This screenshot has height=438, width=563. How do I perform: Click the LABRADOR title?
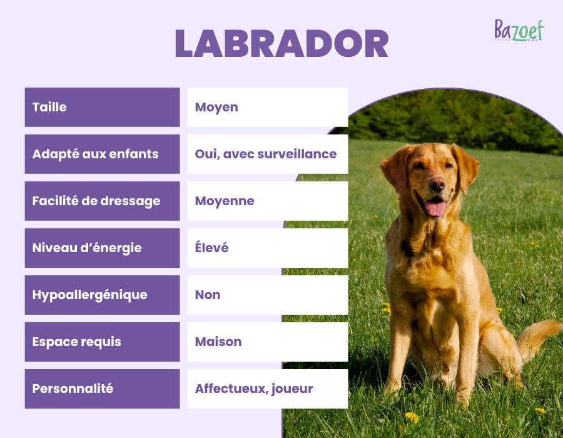pos(281,44)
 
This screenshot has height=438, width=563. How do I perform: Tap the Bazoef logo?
pos(519,30)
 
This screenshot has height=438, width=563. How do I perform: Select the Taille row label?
pos(49,107)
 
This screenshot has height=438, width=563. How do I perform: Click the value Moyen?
pos(216,107)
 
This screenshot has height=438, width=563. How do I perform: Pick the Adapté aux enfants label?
pos(95,154)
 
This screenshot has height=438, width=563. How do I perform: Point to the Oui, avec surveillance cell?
pos(266,154)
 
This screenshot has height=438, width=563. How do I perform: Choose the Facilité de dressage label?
pos(96,201)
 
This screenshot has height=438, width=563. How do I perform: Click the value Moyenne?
pos(225,201)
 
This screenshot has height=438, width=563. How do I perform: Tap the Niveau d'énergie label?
pos(87,248)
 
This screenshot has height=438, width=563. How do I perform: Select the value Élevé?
pos(211,248)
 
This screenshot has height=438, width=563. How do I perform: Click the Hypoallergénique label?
pos(89,295)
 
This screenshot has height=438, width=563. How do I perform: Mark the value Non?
pos(208,295)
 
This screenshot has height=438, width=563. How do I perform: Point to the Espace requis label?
pos(76,342)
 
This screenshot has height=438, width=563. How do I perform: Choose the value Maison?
pos(218,342)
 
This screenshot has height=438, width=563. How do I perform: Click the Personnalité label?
pos(73,389)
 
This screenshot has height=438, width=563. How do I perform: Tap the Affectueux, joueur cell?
pos(254,389)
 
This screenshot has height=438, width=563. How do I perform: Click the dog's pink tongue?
pos(435,208)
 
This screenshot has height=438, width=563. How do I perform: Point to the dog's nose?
pos(437,184)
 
